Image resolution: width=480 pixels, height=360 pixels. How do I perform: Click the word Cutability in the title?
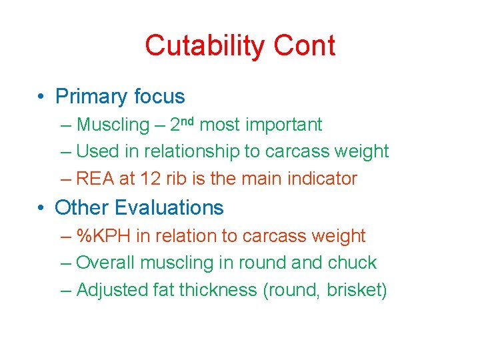pos(201,47)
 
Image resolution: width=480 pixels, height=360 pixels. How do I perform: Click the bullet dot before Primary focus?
pos(41,97)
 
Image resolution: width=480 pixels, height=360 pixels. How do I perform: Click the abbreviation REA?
pos(94,179)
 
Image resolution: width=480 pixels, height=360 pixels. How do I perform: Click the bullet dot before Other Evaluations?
pos(41,208)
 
